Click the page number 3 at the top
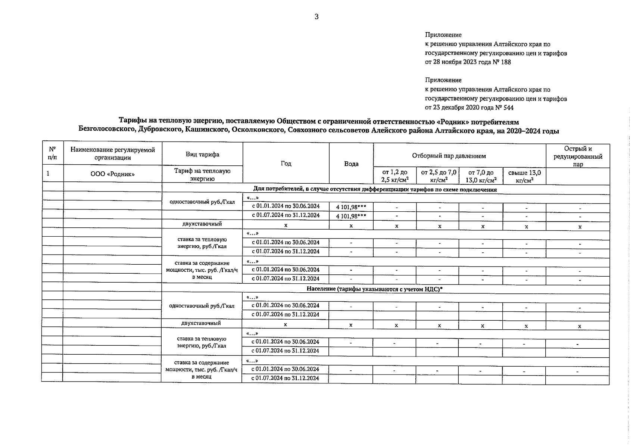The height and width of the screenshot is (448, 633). pyautogui.click(x=316, y=16)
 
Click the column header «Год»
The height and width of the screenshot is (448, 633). pyautogui.click(x=286, y=164)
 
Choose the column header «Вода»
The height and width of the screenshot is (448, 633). pyautogui.click(x=351, y=164)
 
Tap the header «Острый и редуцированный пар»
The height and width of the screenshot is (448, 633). pyautogui.click(x=578, y=156)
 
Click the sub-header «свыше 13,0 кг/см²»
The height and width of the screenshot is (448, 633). pyautogui.click(x=524, y=176)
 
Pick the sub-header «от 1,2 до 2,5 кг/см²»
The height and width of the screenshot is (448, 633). pyautogui.click(x=395, y=176)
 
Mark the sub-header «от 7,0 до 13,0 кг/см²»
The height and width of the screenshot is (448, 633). pyautogui.click(x=481, y=176)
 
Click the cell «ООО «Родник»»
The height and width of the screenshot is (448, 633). pyautogui.click(x=113, y=174)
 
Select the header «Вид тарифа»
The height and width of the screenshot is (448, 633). pyautogui.click(x=202, y=154)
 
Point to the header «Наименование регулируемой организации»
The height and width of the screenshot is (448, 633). pyautogui.click(x=113, y=153)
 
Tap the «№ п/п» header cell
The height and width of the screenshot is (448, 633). pyautogui.click(x=53, y=153)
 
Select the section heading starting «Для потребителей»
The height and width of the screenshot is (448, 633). pyautogui.click(x=375, y=190)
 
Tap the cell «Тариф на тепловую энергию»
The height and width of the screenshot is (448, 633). pyautogui.click(x=202, y=174)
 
